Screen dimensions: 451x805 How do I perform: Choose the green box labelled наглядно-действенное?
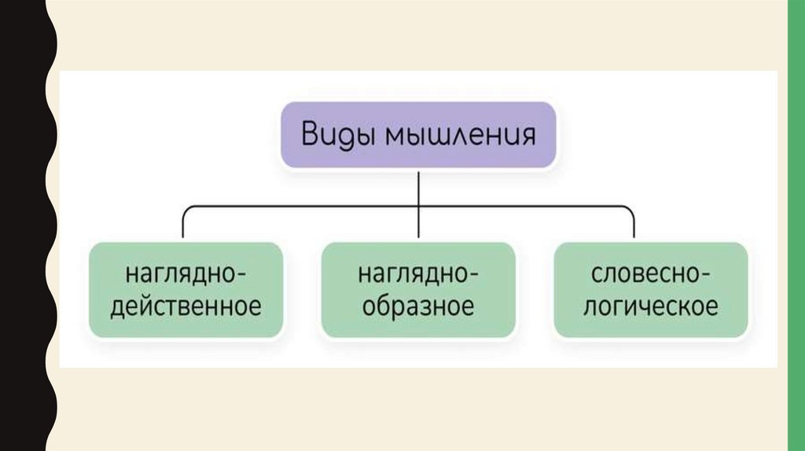tap(186, 290)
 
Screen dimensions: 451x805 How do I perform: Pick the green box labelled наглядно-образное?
tap(418, 290)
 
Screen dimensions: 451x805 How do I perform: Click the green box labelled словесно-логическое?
tap(650, 290)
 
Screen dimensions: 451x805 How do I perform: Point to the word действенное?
tap(186, 306)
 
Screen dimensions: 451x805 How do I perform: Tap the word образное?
tap(418, 306)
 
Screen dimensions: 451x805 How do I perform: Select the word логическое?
tap(650, 306)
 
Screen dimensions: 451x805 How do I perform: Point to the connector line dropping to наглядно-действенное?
tap(183, 224)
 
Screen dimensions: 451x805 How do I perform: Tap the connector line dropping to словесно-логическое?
tap(634, 224)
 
